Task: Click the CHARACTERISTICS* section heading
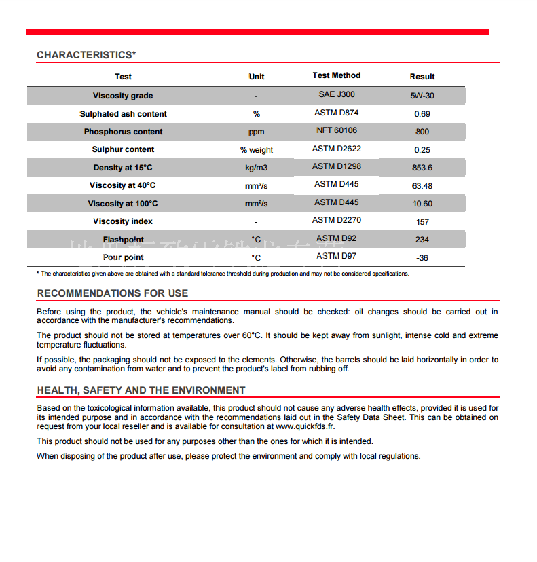pyautogui.click(x=86, y=55)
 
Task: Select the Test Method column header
pyautogui.click(x=336, y=75)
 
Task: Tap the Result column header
pyautogui.click(x=422, y=77)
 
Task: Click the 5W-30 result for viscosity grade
pyautogui.click(x=422, y=96)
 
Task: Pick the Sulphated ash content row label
pyautogui.click(x=123, y=114)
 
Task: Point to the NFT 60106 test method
pyautogui.click(x=336, y=130)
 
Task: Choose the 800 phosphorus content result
pyautogui.click(x=422, y=132)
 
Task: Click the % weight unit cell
pyautogui.click(x=257, y=150)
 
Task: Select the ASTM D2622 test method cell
pyautogui.click(x=336, y=149)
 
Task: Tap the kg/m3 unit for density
pyautogui.click(x=257, y=167)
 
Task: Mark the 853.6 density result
pyautogui.click(x=422, y=168)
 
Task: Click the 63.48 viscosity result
pyautogui.click(x=422, y=186)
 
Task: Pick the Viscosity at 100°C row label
pyautogui.click(x=123, y=204)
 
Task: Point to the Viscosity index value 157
pyautogui.click(x=422, y=222)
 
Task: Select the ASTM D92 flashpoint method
pyautogui.click(x=336, y=238)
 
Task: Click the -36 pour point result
pyautogui.click(x=422, y=258)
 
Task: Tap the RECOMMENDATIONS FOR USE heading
pyautogui.click(x=113, y=293)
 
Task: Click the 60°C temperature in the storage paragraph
pyautogui.click(x=251, y=335)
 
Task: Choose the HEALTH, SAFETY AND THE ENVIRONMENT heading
pyautogui.click(x=141, y=390)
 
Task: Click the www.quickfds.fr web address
pyautogui.click(x=305, y=426)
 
